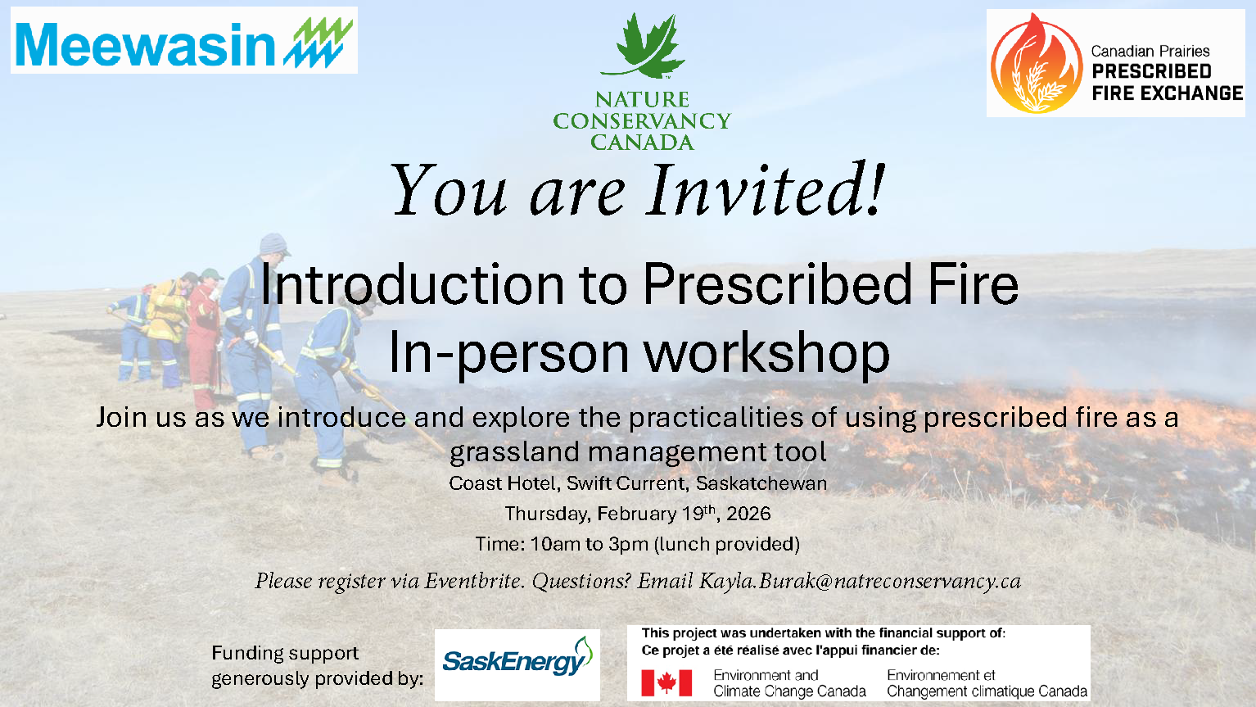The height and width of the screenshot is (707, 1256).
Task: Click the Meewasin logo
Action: (x=183, y=41)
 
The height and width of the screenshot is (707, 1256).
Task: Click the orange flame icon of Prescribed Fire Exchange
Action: (x=1036, y=64)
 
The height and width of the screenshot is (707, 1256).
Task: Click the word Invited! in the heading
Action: (x=766, y=191)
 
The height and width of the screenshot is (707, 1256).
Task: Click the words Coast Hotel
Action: (x=503, y=483)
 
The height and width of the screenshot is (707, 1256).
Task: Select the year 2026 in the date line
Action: (x=748, y=514)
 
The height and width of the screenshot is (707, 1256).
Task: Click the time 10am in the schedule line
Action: (x=553, y=544)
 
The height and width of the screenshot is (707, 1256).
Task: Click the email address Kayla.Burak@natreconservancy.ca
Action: (x=860, y=581)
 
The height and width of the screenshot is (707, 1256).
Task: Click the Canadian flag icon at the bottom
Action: (x=666, y=682)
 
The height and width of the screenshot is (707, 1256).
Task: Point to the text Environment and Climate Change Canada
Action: (x=789, y=683)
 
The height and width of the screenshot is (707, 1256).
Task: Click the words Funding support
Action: (x=285, y=653)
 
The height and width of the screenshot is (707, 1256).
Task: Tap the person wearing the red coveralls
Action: (x=202, y=336)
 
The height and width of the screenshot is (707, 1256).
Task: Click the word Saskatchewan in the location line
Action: (x=761, y=483)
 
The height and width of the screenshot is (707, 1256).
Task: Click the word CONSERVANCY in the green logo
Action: (x=641, y=121)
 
